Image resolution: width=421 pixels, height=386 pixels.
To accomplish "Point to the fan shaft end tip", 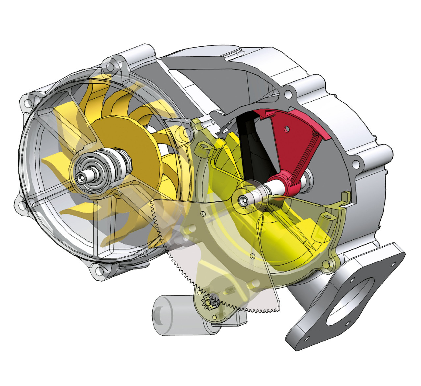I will (x=80, y=177).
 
